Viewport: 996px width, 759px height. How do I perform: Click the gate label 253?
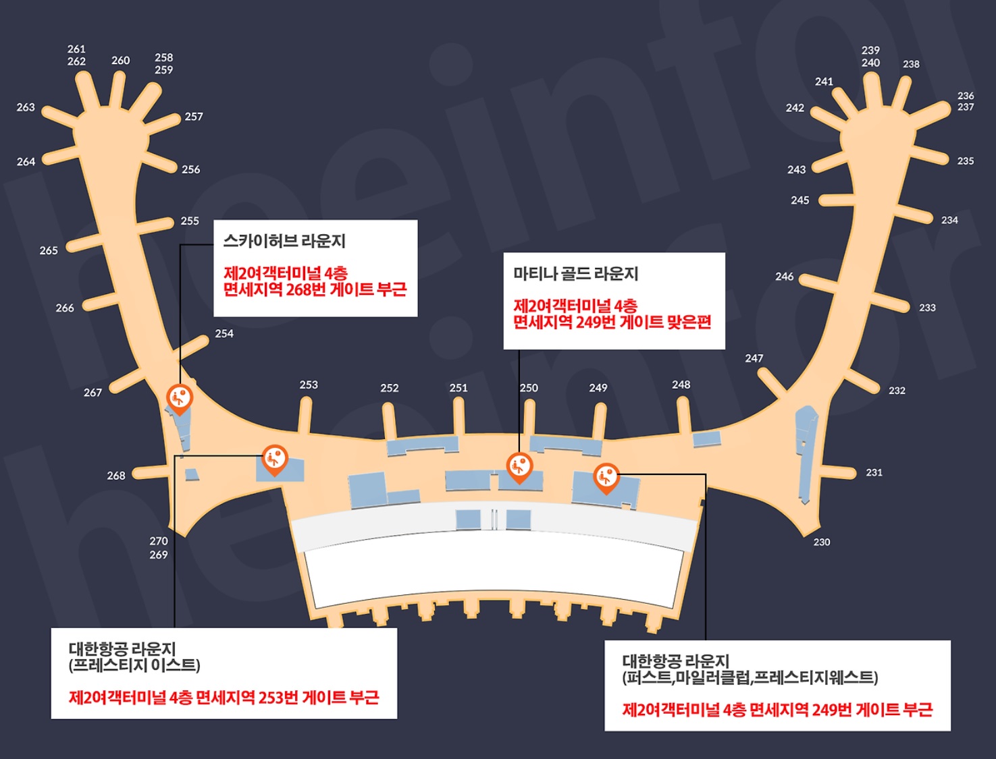309,385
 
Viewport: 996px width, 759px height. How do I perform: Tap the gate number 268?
116,476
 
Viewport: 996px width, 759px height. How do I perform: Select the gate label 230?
821,542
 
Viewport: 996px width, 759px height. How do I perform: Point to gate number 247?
754,358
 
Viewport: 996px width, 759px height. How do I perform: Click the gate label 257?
194,117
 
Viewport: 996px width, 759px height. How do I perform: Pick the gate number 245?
800,200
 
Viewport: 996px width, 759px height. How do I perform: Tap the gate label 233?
927,308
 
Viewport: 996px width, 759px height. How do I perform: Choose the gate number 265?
49,250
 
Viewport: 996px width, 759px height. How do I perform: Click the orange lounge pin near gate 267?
179,397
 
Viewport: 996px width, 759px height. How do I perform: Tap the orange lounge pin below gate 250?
519,466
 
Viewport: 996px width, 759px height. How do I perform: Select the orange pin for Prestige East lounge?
274,459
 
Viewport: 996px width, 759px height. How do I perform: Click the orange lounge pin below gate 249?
606,476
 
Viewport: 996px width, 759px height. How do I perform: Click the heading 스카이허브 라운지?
284,241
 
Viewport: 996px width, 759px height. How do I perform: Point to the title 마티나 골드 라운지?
575,273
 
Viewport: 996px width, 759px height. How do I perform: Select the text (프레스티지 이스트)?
134,665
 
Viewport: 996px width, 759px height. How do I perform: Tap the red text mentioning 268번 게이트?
315,289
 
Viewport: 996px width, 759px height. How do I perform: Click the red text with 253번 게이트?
224,697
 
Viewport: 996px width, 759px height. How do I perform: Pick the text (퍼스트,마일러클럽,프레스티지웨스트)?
750,677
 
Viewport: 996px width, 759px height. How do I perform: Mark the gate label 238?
911,64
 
